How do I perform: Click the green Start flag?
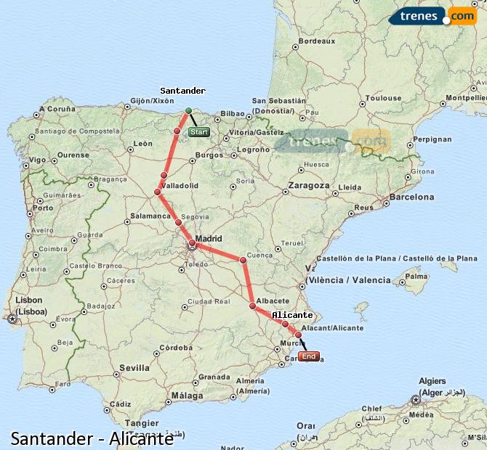coord(198,133)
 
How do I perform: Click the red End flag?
coord(309,356)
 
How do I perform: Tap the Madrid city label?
coord(209,238)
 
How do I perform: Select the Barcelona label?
coord(411,197)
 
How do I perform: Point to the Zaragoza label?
coord(308,185)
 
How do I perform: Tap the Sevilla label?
coord(134,368)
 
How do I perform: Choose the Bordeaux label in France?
coord(317,41)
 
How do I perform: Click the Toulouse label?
coord(383,98)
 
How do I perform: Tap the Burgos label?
coord(209,155)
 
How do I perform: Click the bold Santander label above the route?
coord(182,91)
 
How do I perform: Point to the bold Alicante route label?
coord(292,315)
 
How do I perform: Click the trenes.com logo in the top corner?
coord(433,16)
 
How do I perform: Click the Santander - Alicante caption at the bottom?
coord(92,438)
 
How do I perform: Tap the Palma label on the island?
coord(416,277)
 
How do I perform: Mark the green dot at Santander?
coord(188,110)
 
